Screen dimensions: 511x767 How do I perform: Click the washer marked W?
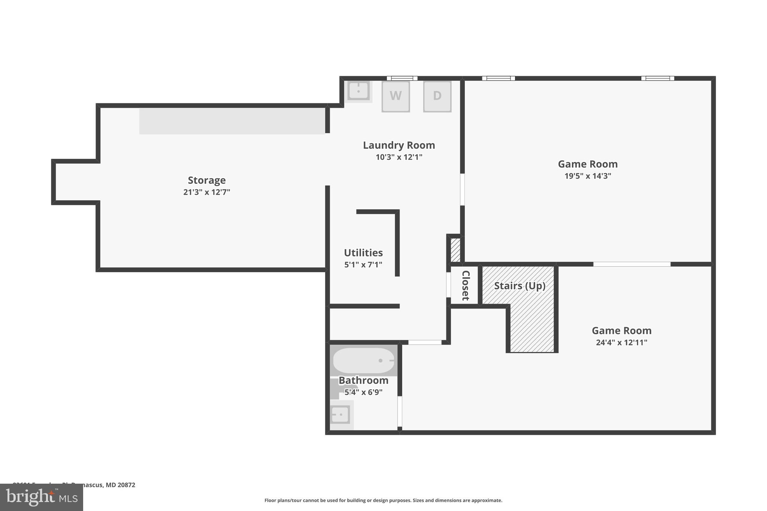395,96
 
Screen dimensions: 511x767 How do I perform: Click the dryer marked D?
437,96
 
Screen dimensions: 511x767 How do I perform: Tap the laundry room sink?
358,91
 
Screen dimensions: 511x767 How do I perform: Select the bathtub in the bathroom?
364,361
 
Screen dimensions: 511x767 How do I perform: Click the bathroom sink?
340,415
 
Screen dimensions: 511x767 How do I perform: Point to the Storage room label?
207,180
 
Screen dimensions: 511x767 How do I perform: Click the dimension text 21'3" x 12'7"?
207,192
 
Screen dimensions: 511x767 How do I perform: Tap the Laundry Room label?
399,145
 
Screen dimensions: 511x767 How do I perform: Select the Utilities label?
363,252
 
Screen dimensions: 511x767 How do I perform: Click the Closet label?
465,285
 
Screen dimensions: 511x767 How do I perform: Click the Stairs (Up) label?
519,286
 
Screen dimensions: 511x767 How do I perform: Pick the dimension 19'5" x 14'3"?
588,176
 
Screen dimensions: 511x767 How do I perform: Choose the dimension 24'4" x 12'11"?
621,342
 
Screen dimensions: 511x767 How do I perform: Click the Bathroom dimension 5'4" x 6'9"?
363,392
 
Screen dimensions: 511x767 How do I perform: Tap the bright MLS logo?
42,497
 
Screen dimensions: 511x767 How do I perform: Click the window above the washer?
402,78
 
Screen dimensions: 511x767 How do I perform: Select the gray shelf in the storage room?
232,121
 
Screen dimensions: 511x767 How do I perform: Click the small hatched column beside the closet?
455,250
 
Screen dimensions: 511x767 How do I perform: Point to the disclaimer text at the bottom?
383,500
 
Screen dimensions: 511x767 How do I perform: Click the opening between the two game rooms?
631,264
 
